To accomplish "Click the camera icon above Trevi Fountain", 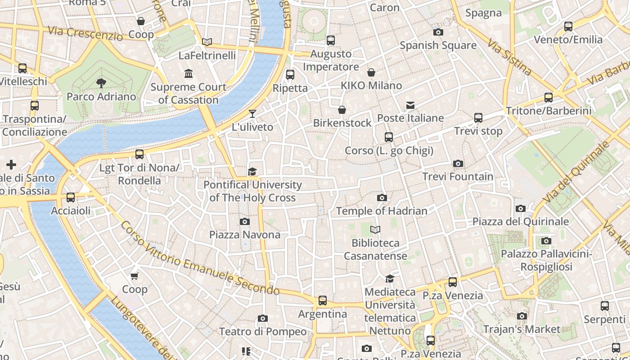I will click(x=458, y=163).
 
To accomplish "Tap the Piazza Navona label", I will click(x=244, y=234).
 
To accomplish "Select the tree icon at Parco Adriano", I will click(x=101, y=82).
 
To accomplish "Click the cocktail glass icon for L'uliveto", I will click(x=252, y=113).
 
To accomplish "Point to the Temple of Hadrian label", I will click(x=382, y=211).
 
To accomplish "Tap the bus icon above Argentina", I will click(x=323, y=300).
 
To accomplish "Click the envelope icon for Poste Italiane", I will click(x=410, y=105).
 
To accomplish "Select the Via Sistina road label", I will click(x=509, y=56).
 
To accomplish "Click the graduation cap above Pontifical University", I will click(x=252, y=171).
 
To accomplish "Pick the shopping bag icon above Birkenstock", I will click(x=342, y=110).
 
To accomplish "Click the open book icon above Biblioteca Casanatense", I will click(x=375, y=230).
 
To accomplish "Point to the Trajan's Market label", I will click(x=522, y=329).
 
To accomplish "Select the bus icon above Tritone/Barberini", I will click(x=548, y=97).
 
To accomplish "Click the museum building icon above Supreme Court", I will click(x=189, y=73).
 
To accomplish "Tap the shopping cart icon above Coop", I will click(x=135, y=276).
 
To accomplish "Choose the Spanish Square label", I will click(x=438, y=45).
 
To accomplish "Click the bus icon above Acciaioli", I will click(x=71, y=198).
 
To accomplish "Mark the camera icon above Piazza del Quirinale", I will click(x=521, y=208).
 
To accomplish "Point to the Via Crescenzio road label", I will click(x=85, y=33).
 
